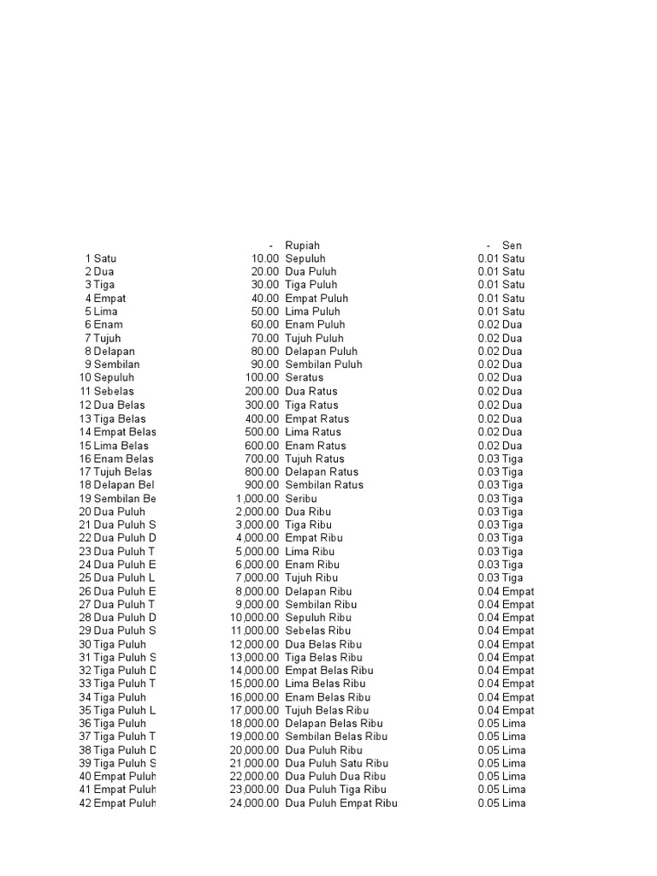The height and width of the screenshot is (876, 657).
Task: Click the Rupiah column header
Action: click(302, 245)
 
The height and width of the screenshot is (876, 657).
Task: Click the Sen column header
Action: click(512, 245)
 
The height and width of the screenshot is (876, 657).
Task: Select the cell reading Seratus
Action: click(305, 377)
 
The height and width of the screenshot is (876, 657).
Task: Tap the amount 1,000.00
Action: click(257, 498)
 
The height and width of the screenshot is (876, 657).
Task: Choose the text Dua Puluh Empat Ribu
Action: click(340, 803)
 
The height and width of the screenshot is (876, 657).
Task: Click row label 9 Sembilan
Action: click(111, 364)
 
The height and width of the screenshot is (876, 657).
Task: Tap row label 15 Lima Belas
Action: click(114, 445)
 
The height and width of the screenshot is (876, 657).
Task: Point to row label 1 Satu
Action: click(101, 258)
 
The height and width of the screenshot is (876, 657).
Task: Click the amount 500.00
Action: click(261, 431)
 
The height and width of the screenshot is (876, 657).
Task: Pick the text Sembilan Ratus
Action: click(323, 484)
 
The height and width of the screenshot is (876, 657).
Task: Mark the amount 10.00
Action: click(264, 258)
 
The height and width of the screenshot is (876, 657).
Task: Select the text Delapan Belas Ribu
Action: click(334, 724)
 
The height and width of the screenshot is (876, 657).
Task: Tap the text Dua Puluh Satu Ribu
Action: click(336, 763)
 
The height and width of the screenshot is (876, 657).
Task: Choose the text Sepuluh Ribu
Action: click(318, 617)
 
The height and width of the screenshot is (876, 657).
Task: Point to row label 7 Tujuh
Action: click(104, 338)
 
